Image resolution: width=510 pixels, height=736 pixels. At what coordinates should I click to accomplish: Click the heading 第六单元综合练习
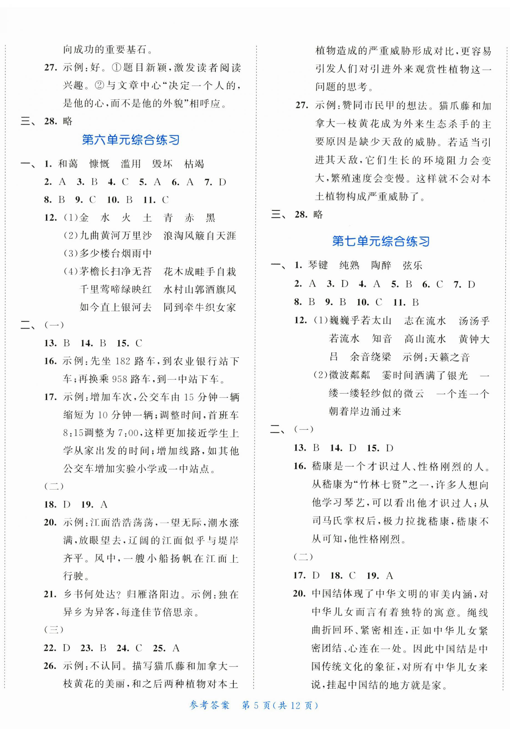[130, 140]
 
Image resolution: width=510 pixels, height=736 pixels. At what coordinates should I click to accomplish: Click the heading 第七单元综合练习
[381, 241]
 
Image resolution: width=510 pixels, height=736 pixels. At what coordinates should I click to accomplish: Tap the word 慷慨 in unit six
[99, 164]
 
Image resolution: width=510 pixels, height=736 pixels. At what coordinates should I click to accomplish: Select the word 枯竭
[194, 164]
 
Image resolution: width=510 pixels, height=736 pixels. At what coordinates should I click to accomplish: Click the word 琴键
[318, 265]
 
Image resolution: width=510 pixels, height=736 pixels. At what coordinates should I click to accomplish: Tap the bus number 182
[122, 361]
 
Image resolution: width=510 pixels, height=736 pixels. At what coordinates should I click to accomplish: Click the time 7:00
[128, 433]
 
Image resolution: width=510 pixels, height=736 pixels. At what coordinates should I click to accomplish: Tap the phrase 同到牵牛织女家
[200, 307]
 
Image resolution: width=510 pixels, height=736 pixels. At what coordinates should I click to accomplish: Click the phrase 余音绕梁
[370, 357]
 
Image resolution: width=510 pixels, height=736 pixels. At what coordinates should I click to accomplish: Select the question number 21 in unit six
[50, 594]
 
